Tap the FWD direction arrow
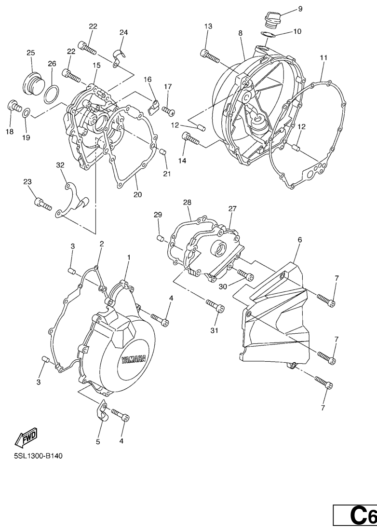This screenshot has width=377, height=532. (x=26, y=437)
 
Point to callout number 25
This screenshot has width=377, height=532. (x=31, y=53)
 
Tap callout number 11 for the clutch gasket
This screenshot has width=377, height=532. (x=323, y=58)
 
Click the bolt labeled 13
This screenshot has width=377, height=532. (x=210, y=55)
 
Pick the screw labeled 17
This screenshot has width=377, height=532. (x=169, y=110)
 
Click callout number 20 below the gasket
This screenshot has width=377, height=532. (x=138, y=194)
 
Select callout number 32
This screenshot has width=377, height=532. (x=60, y=165)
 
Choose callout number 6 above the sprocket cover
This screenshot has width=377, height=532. (x=300, y=240)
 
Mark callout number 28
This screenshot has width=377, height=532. (x=187, y=203)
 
